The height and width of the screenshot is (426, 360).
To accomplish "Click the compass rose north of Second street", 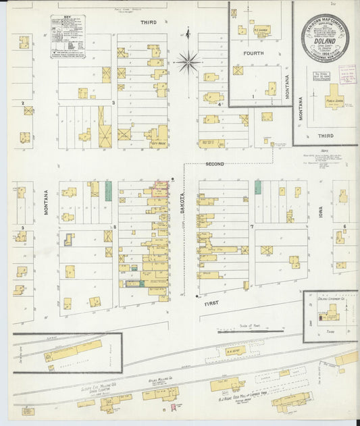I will (188, 63).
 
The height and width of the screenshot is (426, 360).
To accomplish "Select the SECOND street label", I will (215, 164).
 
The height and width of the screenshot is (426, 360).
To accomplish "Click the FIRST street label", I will (212, 304).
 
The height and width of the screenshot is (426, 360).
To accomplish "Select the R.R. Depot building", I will (234, 350).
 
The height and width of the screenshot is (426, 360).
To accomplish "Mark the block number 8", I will (115, 227).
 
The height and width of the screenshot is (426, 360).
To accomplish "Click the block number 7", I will (251, 227).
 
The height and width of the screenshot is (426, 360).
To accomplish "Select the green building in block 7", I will (257, 187).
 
